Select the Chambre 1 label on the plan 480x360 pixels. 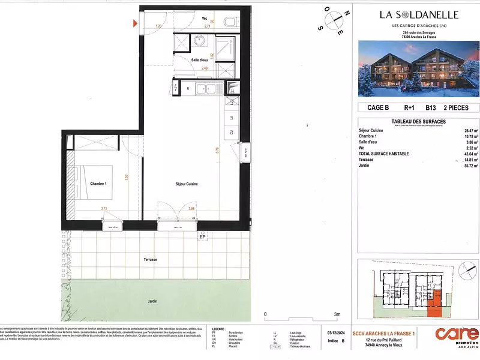(99, 184)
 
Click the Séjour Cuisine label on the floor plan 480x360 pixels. (187, 184)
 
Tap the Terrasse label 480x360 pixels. (149, 259)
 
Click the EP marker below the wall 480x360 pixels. (202, 238)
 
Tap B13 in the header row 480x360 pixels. (430, 108)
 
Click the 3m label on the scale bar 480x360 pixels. (337, 314)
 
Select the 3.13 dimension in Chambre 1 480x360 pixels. (104, 209)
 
